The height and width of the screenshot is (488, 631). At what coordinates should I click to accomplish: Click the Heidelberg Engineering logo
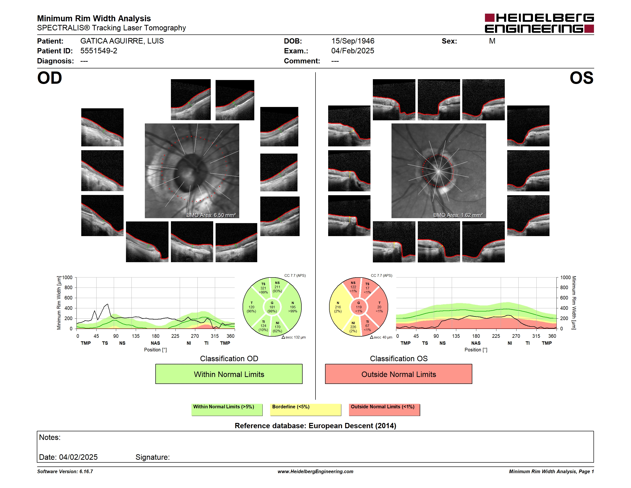(x=539, y=23)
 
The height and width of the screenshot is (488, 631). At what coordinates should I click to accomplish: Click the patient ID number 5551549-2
(x=99, y=51)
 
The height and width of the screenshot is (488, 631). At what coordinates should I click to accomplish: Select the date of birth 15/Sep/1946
(x=353, y=41)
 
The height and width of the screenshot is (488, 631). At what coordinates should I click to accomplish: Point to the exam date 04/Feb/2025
(x=353, y=51)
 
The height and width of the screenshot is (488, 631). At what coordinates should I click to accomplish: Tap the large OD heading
(x=50, y=78)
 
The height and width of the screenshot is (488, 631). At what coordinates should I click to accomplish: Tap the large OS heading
(x=581, y=78)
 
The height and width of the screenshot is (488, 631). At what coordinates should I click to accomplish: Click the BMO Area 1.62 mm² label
(x=458, y=215)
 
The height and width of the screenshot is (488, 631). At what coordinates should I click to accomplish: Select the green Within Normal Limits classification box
(x=229, y=374)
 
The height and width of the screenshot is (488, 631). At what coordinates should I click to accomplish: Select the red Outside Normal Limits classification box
(x=398, y=374)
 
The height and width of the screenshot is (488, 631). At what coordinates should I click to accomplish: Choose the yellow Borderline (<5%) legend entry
(x=306, y=410)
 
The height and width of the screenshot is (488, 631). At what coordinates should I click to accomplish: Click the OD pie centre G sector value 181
(x=272, y=307)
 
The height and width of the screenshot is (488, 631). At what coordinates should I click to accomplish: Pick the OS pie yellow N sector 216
(x=338, y=307)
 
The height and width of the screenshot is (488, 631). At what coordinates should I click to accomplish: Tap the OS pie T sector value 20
(x=379, y=307)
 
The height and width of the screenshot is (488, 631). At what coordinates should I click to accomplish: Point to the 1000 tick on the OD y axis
(x=67, y=277)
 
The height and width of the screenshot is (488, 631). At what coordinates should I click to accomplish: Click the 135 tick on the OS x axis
(x=456, y=336)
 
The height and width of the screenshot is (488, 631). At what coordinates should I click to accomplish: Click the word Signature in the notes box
(x=152, y=457)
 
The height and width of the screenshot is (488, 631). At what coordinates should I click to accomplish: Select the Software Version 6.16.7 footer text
(x=65, y=471)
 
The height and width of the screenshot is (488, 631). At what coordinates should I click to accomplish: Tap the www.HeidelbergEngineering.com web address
(x=315, y=471)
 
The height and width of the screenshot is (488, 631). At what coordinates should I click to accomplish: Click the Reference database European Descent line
(x=315, y=426)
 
